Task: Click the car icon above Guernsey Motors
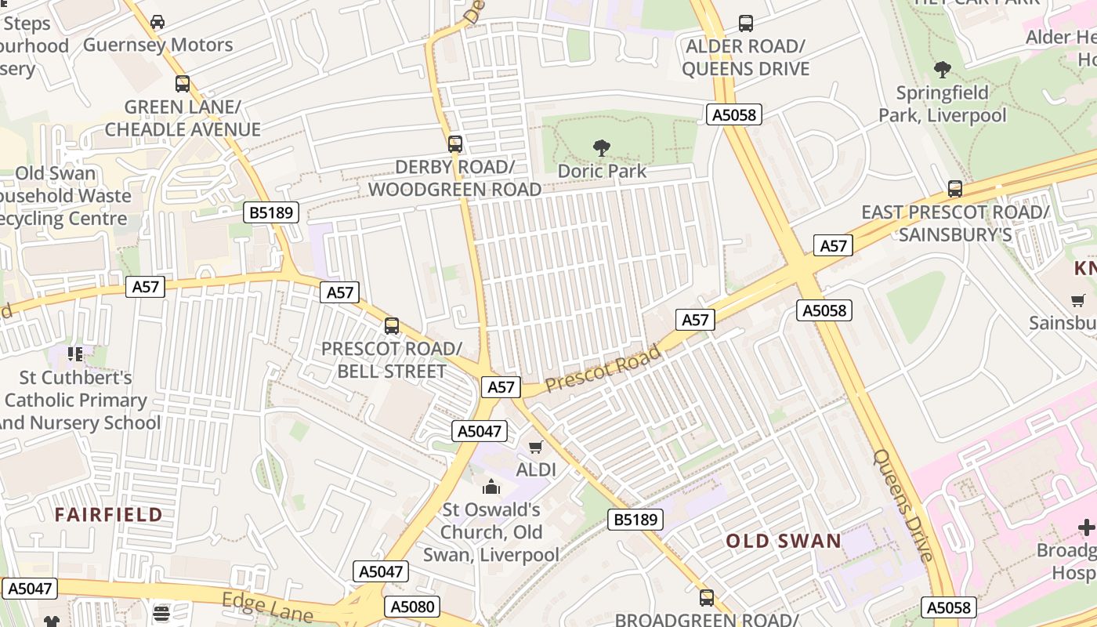157,22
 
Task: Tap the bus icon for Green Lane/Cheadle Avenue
183,84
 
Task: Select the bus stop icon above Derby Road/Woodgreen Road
455,144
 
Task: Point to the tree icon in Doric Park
602,147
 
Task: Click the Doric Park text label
602,171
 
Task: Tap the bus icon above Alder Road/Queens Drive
746,24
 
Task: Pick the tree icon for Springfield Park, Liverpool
943,70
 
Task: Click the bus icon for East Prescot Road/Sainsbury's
955,189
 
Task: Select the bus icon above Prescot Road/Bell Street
392,325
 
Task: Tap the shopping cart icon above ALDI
536,447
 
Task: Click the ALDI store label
536,469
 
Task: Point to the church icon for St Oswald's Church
491,487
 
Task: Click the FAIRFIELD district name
109,515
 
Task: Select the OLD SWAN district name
784,541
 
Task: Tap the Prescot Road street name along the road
603,369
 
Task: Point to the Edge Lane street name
267,607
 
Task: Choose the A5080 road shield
413,607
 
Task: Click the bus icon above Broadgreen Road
707,598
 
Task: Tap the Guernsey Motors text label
158,45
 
